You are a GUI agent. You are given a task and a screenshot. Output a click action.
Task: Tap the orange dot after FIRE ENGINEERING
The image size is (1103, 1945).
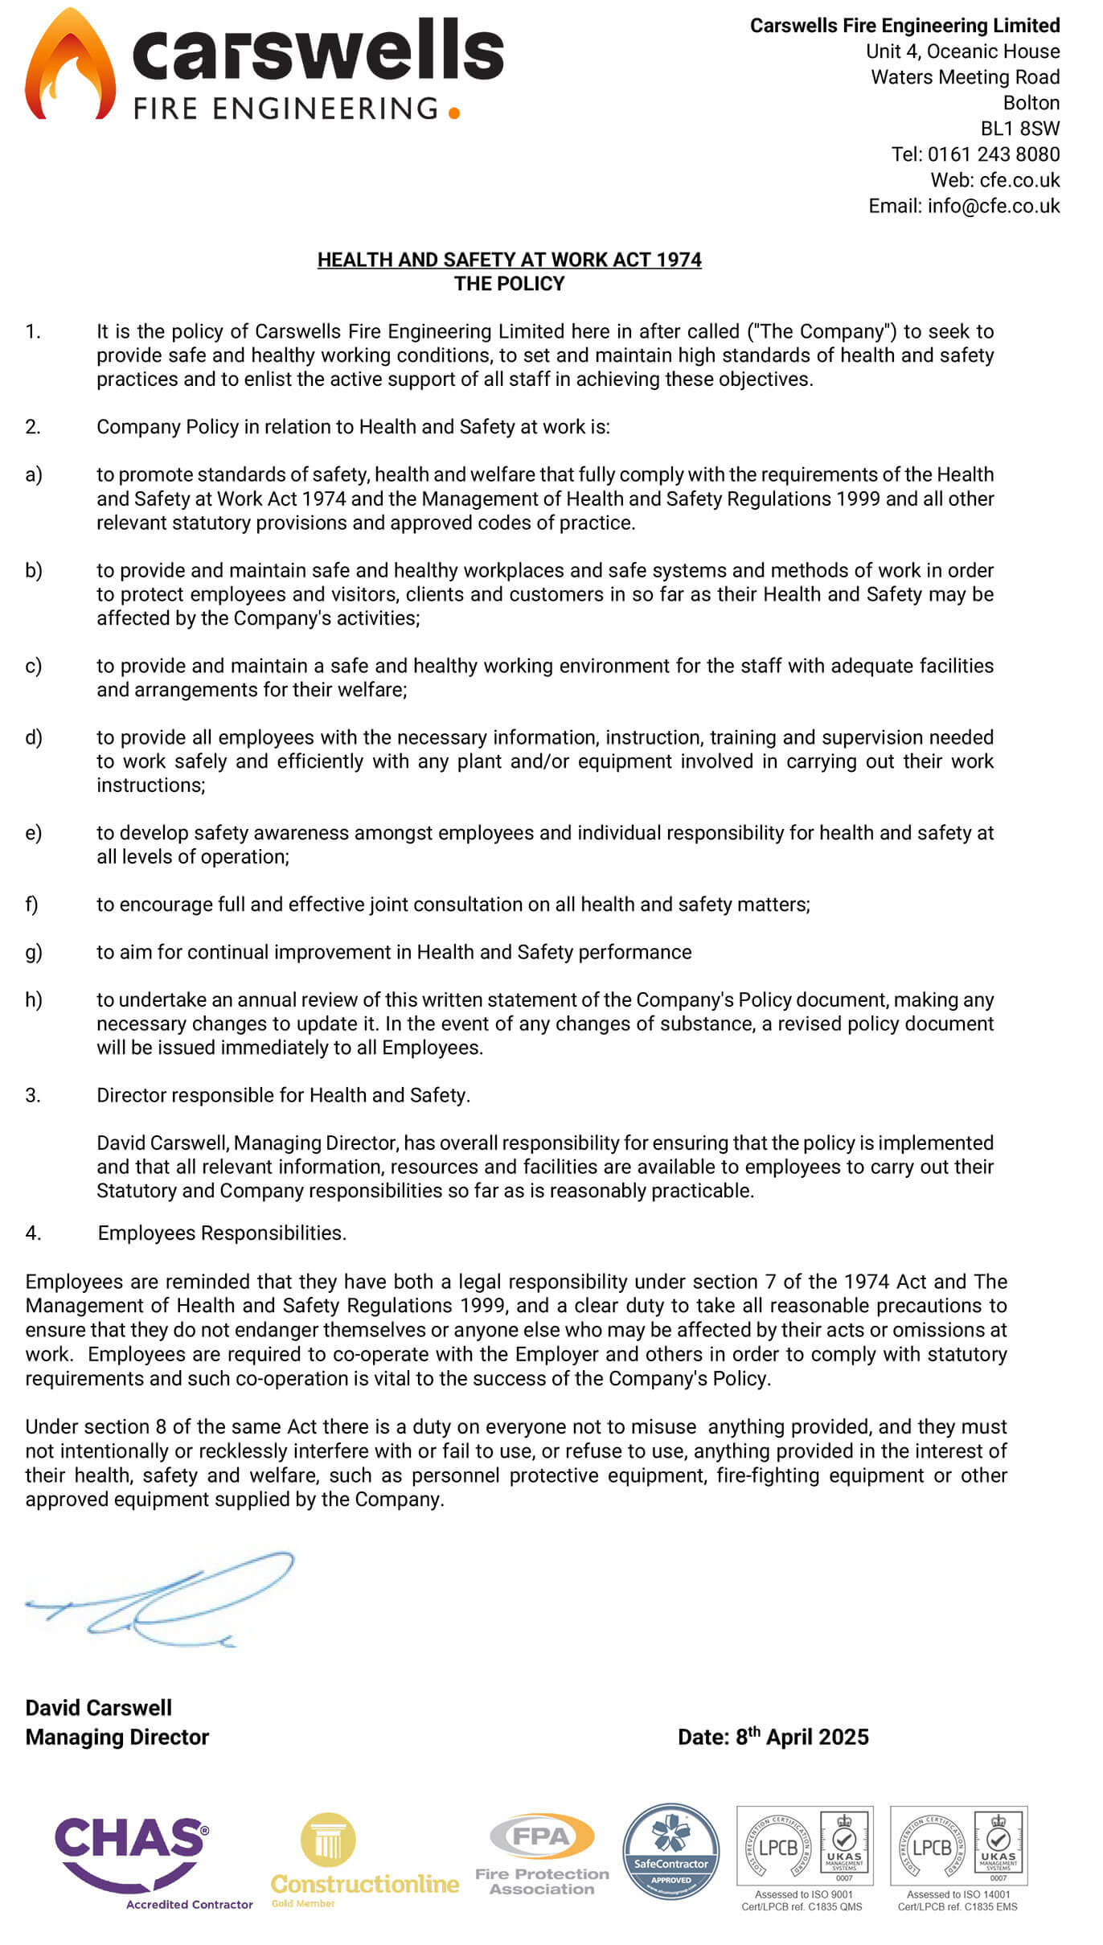(x=454, y=113)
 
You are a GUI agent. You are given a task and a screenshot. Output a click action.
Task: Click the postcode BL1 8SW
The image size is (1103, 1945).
(x=1019, y=129)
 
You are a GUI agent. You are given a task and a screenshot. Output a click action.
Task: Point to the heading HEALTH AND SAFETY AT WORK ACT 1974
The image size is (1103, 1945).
(x=509, y=260)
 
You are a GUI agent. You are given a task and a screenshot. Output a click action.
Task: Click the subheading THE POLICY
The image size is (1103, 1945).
(x=509, y=284)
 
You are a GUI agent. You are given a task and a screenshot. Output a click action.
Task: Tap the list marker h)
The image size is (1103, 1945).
(x=34, y=999)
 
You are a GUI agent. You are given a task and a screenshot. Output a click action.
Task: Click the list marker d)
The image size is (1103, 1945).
(x=34, y=737)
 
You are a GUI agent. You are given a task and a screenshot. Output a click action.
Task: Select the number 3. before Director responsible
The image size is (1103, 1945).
(x=33, y=1095)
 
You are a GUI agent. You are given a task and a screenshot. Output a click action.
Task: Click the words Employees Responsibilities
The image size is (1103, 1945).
(x=222, y=1233)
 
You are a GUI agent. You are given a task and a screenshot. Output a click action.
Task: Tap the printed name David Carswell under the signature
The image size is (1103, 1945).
(x=99, y=1708)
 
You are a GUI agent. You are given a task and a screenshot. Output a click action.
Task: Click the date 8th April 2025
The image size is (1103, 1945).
(x=802, y=1737)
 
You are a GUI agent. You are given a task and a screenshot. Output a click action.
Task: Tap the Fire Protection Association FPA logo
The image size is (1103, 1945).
(x=542, y=1853)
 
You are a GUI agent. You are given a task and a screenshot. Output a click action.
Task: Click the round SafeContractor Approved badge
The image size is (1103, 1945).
(x=670, y=1852)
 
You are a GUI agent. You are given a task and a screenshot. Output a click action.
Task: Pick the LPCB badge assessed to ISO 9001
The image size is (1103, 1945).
(x=805, y=1848)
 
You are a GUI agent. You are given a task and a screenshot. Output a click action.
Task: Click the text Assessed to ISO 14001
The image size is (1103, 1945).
(x=957, y=1894)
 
